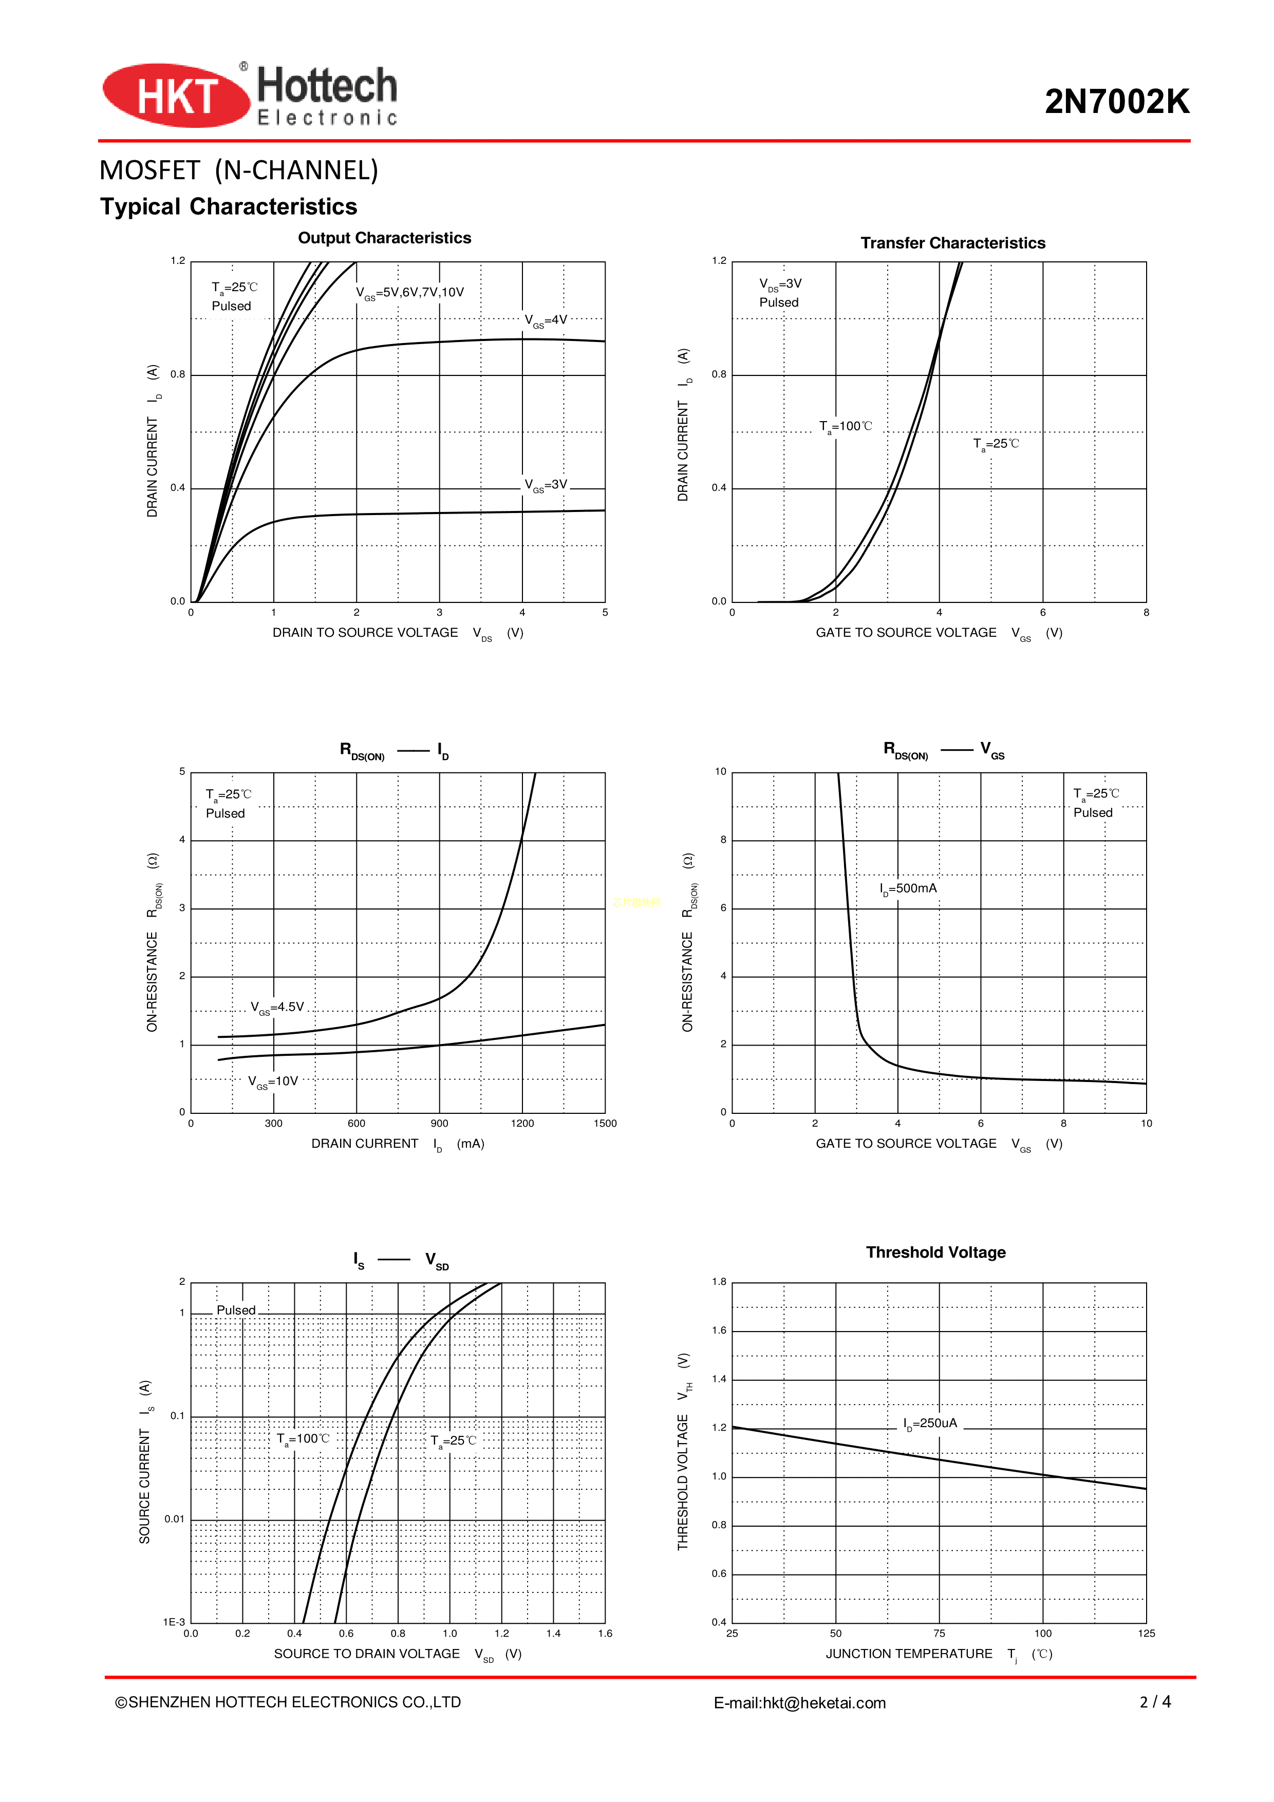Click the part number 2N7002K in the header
click(1116, 102)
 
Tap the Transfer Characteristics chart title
click(952, 243)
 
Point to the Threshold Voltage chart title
click(935, 1252)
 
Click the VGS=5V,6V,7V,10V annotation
click(410, 293)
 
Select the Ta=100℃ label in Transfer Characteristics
click(846, 427)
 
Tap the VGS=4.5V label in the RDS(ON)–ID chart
click(277, 1008)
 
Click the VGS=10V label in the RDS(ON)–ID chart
click(273, 1082)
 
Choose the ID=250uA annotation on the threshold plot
click(930, 1423)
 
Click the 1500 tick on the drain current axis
click(605, 1123)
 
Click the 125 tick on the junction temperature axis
click(1146, 1633)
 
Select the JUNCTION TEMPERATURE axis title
click(909, 1654)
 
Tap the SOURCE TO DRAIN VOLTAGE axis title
click(367, 1654)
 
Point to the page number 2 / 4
click(1155, 1701)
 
